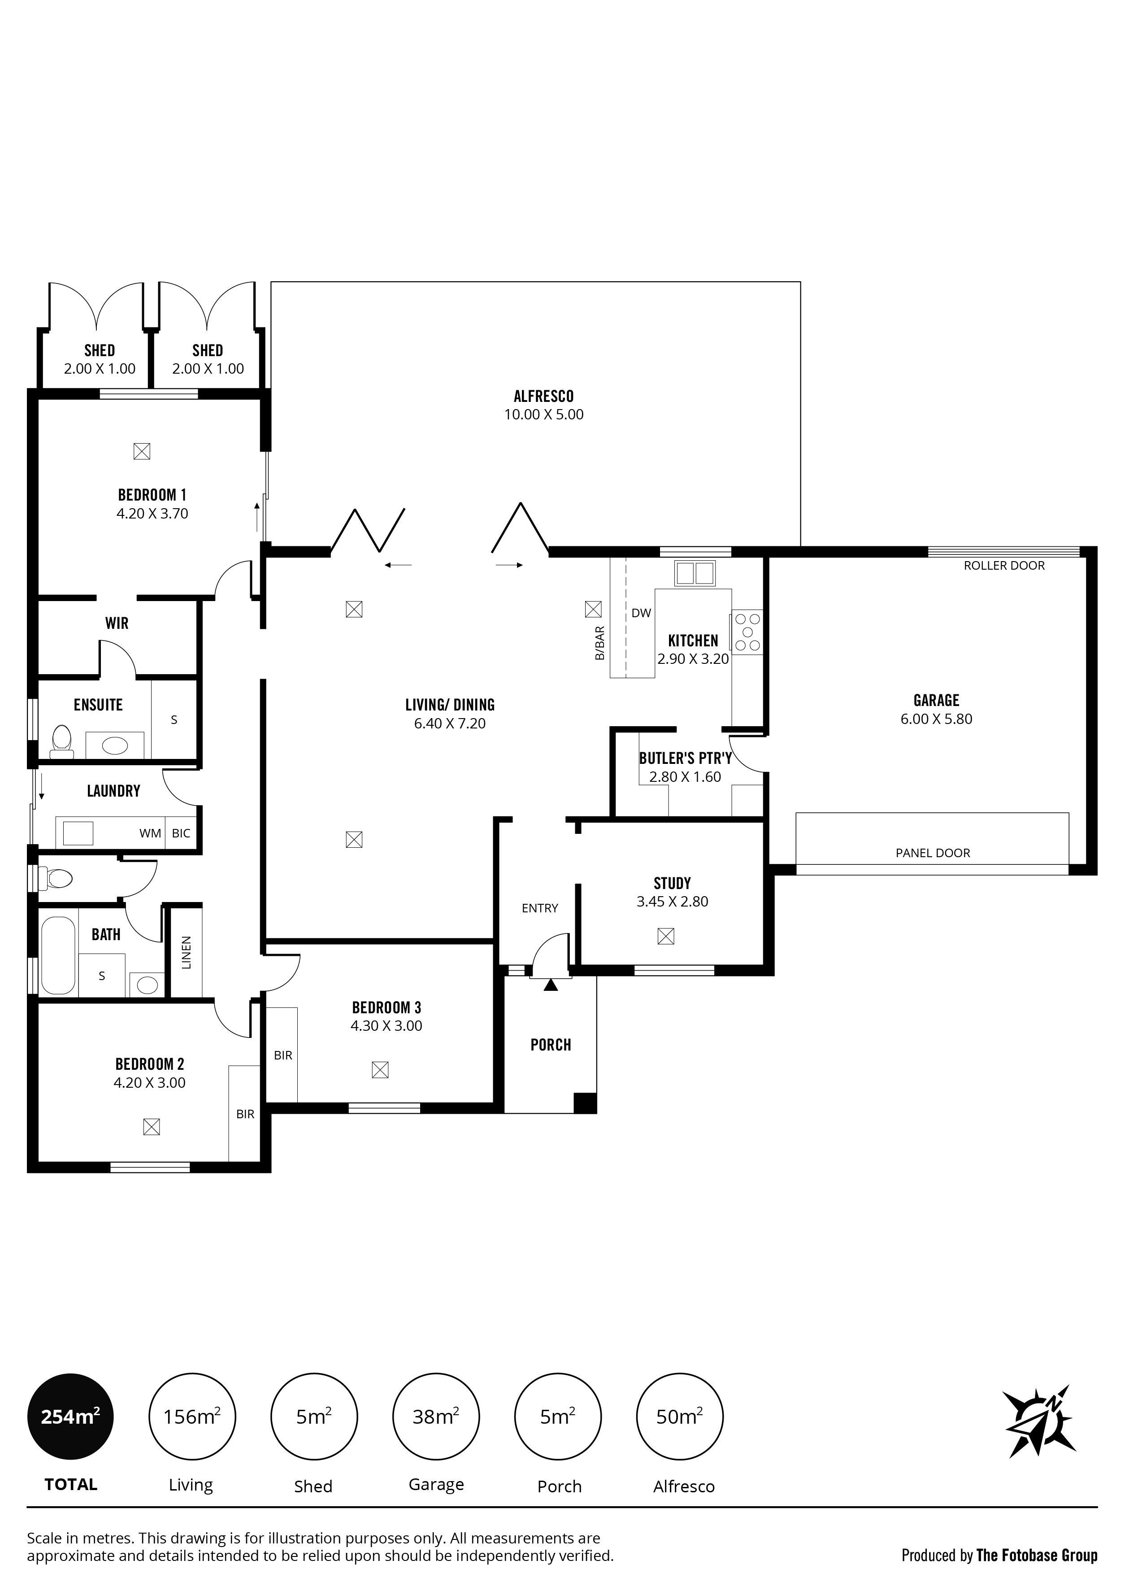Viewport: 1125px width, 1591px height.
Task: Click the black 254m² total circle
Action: pyautogui.click(x=70, y=1417)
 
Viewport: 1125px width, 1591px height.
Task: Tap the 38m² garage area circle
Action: pyautogui.click(x=436, y=1417)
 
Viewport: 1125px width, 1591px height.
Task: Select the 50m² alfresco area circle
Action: pyautogui.click(x=680, y=1417)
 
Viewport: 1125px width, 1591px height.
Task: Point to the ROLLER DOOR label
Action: pyautogui.click(x=1004, y=566)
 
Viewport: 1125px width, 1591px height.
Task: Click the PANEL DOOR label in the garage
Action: pyautogui.click(x=933, y=853)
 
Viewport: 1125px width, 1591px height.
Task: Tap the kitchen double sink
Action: pyautogui.click(x=694, y=573)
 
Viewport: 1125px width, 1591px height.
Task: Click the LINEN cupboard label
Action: pyautogui.click(x=186, y=953)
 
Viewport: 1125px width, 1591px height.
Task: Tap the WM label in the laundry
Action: pyautogui.click(x=150, y=833)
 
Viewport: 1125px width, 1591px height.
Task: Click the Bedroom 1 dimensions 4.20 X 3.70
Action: pyautogui.click(x=152, y=514)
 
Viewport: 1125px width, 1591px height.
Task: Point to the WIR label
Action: pyautogui.click(x=117, y=623)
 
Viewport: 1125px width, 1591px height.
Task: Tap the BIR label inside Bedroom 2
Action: pyautogui.click(x=245, y=1114)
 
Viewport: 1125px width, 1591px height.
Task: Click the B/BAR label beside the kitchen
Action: pyautogui.click(x=600, y=643)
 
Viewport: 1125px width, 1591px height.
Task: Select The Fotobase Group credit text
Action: pyautogui.click(x=1037, y=1536)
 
